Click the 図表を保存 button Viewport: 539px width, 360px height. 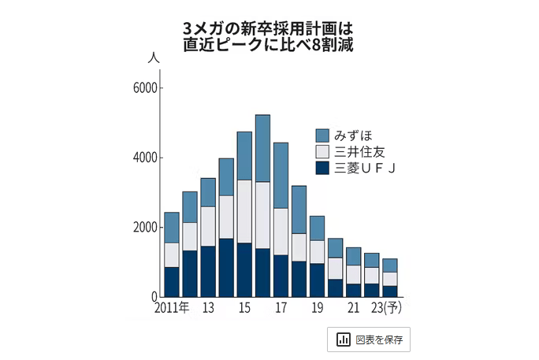click(369, 340)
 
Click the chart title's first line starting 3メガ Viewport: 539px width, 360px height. click(269, 28)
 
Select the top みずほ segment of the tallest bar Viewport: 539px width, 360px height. click(262, 148)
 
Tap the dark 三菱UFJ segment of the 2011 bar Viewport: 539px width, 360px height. click(172, 282)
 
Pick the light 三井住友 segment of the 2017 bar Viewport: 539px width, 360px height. click(281, 232)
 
